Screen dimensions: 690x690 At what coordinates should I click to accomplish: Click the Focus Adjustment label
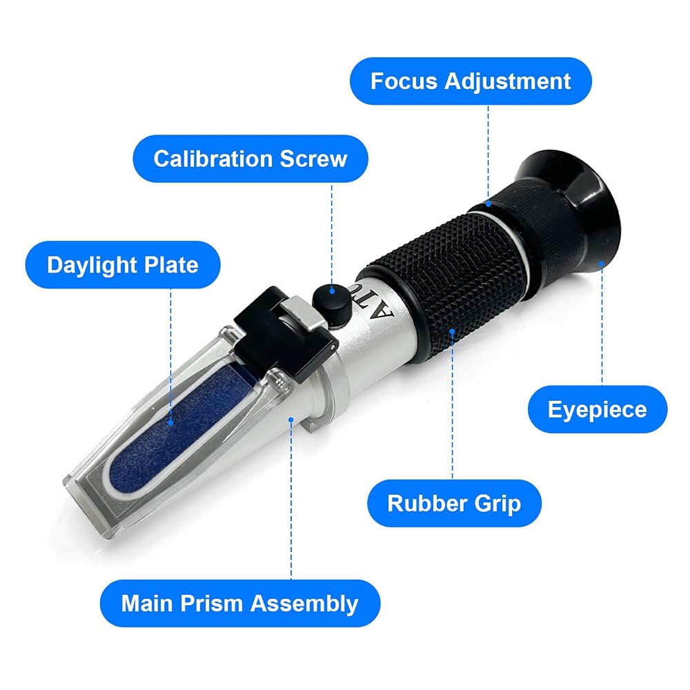tap(471, 81)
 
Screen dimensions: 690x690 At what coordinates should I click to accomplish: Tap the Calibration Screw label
tap(250, 159)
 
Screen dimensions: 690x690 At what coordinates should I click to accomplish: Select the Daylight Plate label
tap(123, 265)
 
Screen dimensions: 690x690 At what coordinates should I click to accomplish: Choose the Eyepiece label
tap(597, 409)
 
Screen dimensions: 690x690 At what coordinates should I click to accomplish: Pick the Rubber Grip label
tap(454, 503)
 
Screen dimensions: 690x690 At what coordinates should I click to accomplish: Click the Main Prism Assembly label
tap(240, 603)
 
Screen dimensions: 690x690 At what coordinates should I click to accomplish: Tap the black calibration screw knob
tap(332, 305)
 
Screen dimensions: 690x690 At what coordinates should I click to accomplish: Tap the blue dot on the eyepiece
tap(602, 263)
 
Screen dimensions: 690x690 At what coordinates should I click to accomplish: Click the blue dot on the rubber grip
tap(453, 331)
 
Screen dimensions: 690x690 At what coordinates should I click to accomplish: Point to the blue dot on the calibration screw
tap(333, 290)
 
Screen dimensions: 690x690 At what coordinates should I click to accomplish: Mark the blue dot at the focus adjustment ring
tap(489, 204)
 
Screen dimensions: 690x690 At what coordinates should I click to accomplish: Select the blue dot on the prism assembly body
tap(291, 420)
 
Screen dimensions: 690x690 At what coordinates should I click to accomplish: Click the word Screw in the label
tap(313, 159)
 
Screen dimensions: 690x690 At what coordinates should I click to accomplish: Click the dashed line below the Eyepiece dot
tap(602, 326)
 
